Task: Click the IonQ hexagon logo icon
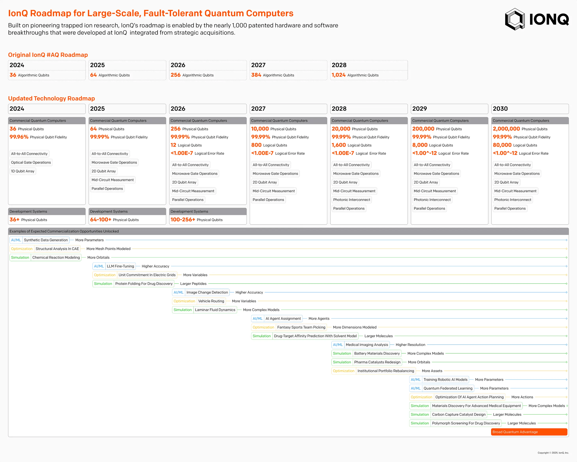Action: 515,19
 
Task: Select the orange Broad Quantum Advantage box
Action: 529,432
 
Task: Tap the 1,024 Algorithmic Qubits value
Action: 338,75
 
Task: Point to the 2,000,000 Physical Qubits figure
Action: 506,129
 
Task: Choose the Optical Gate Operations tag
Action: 31,162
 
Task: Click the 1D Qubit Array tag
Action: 23,171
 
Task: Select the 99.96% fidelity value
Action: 19,137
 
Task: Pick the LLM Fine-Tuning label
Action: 120,266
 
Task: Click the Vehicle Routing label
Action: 211,301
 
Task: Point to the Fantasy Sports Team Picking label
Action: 301,327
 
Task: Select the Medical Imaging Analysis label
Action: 367,345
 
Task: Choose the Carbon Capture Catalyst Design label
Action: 459,415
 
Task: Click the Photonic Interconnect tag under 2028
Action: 351,200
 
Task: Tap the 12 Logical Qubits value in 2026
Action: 173,145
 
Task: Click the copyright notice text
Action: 553,453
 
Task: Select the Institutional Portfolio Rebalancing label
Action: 386,371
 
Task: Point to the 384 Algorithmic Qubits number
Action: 256,75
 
